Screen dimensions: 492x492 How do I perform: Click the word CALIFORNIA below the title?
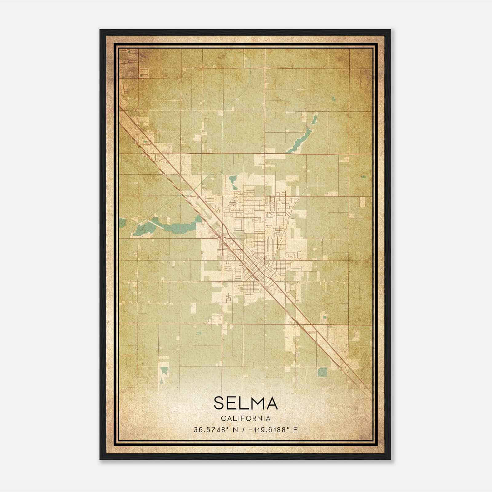pyautogui.click(x=246, y=419)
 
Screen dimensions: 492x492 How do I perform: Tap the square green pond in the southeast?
pyautogui.click(x=322, y=372)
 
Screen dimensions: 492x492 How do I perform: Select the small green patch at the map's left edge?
pyautogui.click(x=122, y=222)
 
